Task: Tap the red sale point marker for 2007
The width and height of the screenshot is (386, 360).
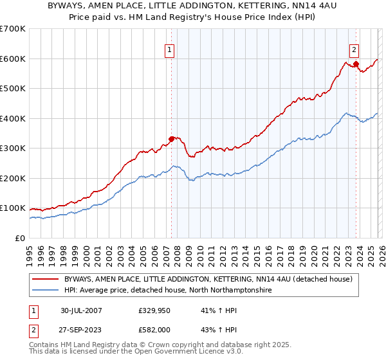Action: click(172, 138)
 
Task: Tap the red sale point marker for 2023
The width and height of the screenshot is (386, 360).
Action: click(356, 64)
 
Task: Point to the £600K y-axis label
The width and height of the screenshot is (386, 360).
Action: click(13, 59)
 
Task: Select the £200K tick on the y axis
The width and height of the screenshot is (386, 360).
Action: click(13, 178)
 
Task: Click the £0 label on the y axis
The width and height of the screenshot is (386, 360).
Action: click(20, 238)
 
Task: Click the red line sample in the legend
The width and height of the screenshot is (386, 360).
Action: click(46, 280)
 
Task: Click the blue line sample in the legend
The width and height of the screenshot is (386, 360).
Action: click(46, 291)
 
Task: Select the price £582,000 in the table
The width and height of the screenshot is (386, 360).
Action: click(155, 328)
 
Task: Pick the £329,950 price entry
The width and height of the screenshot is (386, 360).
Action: click(155, 310)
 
